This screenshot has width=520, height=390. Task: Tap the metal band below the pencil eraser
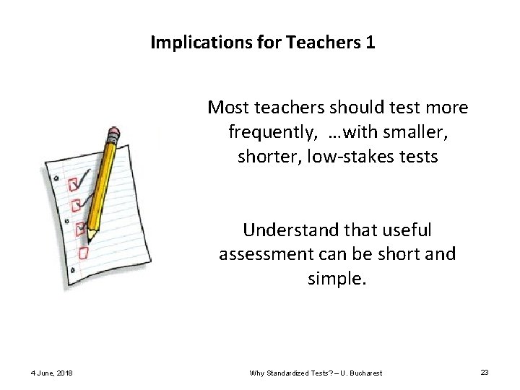[x=110, y=144]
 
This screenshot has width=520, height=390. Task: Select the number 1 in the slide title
[x=370, y=43]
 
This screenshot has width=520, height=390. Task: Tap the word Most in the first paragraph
[x=226, y=108]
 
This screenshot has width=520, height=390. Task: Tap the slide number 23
[x=485, y=372]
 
